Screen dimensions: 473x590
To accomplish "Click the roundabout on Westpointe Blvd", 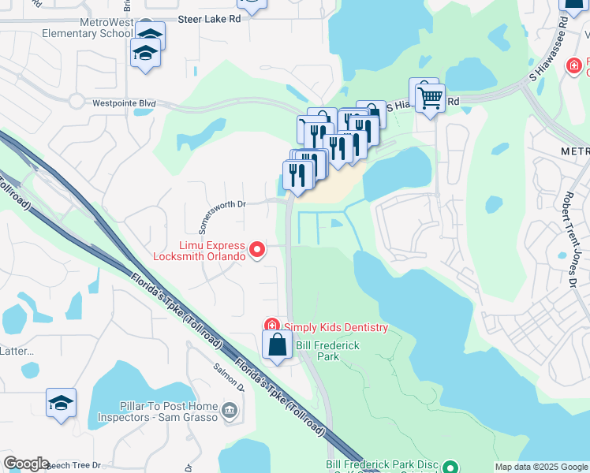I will click(77, 101).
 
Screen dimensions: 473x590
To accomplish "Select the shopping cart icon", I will click(430, 99).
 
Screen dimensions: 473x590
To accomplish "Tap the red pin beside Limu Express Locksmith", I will click(257, 250).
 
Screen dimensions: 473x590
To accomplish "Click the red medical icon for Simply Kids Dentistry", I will click(271, 326).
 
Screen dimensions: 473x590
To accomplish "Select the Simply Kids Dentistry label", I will click(337, 327).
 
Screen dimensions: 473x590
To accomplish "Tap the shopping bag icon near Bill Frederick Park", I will click(277, 345).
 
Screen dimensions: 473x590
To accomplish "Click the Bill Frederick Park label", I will click(327, 351).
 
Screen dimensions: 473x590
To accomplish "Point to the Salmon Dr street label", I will click(229, 377).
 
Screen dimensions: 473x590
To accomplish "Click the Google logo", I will click(26, 464).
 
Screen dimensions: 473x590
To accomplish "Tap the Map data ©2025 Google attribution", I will click(541, 467).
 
